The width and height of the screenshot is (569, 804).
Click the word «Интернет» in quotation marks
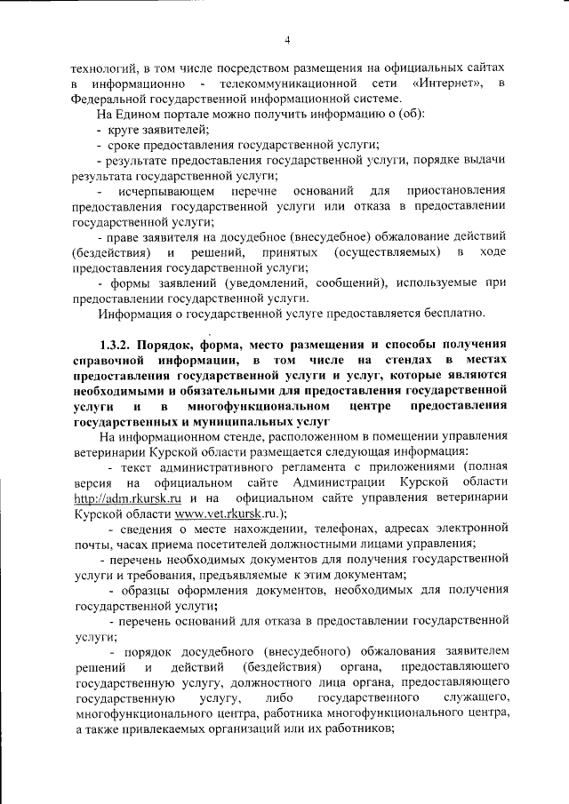pyautogui.click(x=448, y=84)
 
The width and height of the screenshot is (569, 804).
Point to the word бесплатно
pyautogui.click(x=449, y=314)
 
